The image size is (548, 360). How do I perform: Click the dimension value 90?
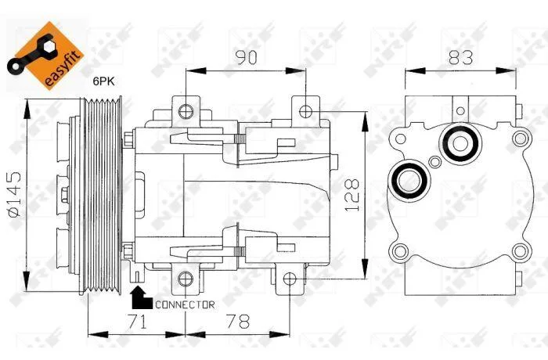[x=247, y=58]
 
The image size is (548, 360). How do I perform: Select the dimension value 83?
[x=460, y=58]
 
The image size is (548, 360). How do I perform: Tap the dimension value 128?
[x=352, y=195]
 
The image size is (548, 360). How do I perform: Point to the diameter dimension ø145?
[x=15, y=194]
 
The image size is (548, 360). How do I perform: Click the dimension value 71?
[x=137, y=322]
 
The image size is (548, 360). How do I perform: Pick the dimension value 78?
[x=238, y=322]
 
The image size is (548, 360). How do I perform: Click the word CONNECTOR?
[x=185, y=304]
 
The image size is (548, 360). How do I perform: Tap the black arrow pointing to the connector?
[x=141, y=298]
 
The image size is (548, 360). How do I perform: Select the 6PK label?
[x=103, y=81]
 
